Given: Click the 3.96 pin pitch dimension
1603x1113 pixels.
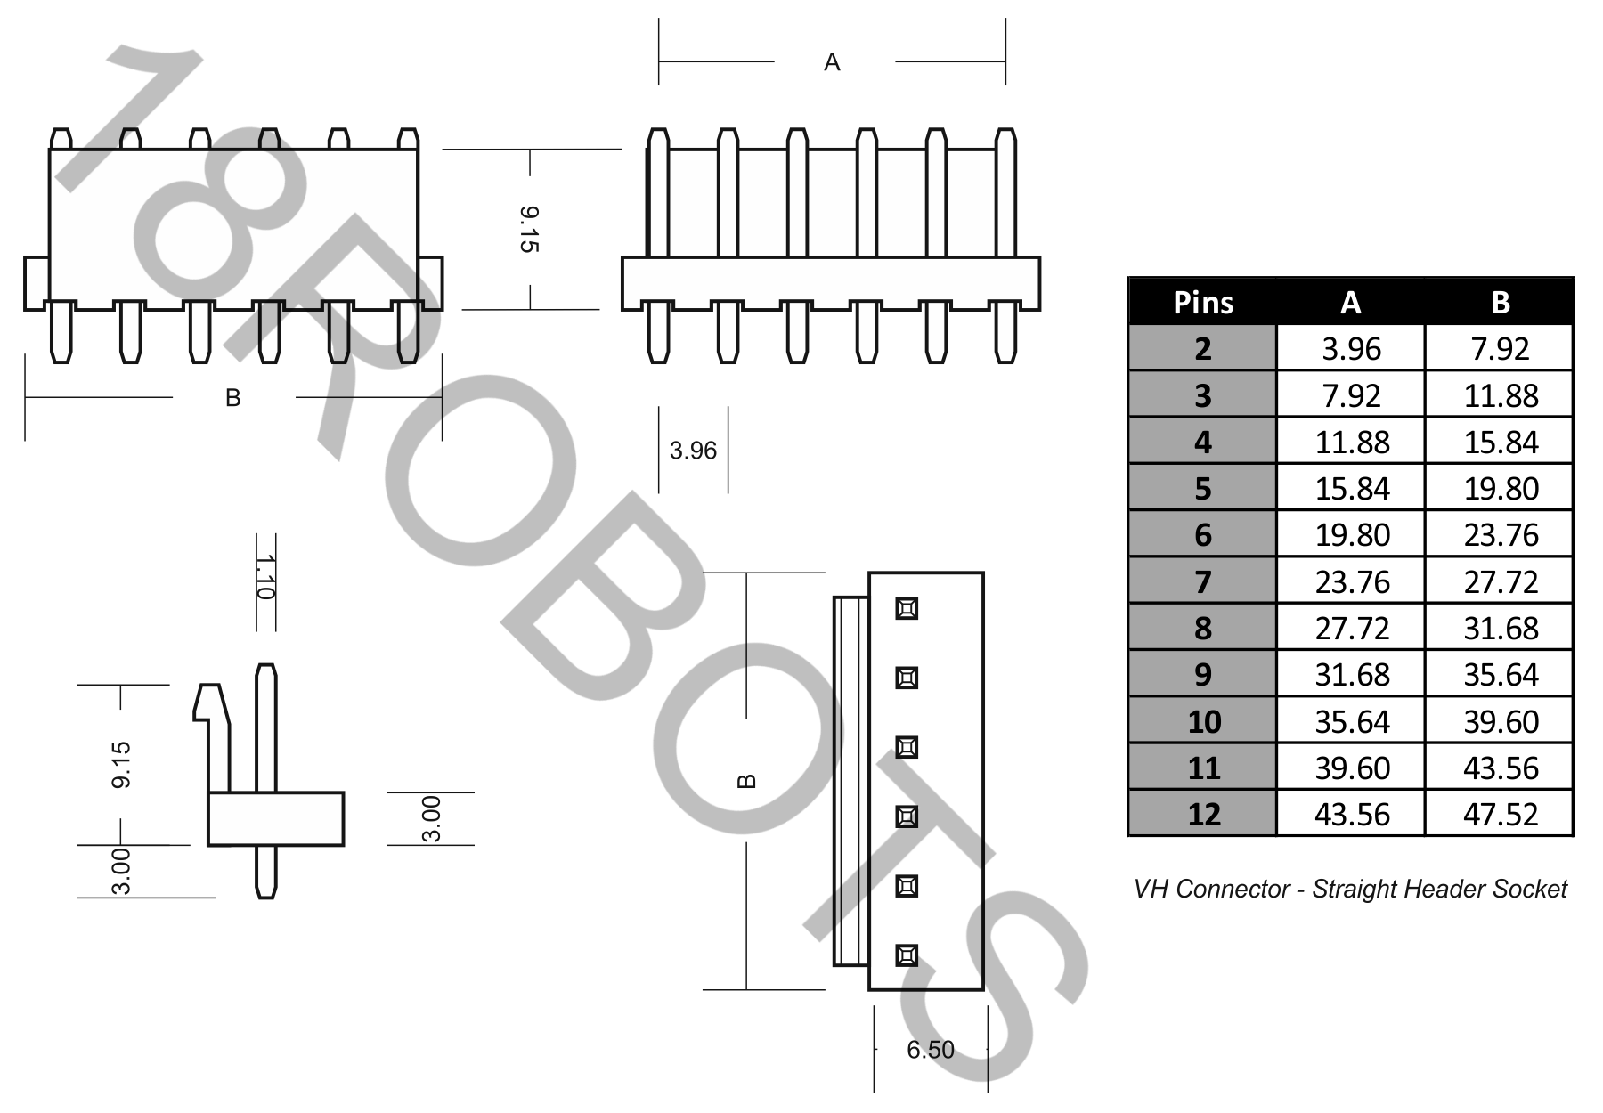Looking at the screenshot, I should point(693,451).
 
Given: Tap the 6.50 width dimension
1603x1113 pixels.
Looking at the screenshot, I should point(930,1050).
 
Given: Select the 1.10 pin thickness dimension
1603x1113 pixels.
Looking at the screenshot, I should point(264,577).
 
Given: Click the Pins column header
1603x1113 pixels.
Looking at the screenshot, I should point(1202,303).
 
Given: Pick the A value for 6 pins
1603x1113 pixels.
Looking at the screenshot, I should point(1351,535).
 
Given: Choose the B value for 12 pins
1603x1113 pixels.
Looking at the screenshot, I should point(1500,814).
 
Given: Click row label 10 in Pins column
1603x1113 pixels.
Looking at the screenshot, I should point(1203,721).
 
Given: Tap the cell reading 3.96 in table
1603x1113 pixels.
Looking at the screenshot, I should point(1351,349).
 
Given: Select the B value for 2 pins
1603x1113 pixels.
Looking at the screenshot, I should point(1500,349).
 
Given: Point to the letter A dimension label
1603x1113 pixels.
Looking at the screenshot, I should point(832,62).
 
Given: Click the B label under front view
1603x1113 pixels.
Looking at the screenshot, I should point(233,398).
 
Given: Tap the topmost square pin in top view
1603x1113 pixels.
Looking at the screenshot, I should point(907,608).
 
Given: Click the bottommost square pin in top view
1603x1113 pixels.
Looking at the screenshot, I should point(907,955).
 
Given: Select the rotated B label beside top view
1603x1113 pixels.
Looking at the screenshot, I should point(747,781).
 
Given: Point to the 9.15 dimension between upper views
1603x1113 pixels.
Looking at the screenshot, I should point(529,229).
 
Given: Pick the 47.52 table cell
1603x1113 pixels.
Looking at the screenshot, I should point(1500,814).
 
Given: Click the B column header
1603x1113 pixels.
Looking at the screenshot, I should point(1500,303).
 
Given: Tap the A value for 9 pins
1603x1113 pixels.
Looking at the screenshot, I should point(1351,675).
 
